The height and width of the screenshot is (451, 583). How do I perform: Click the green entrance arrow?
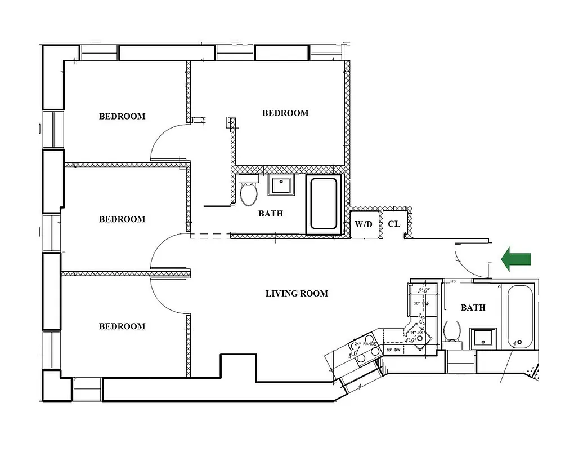tap(516, 259)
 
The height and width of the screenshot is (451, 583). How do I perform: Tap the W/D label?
tap(364, 224)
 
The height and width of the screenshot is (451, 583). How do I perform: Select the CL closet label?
tap(394, 224)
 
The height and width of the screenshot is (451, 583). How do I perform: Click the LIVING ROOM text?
tap(297, 293)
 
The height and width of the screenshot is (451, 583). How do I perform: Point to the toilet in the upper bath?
tap(248, 191)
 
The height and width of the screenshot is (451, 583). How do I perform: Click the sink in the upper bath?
tap(280, 185)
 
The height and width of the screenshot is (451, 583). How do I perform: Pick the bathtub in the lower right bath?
tap(519, 317)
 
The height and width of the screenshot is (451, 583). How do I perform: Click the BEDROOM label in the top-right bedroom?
tap(285, 113)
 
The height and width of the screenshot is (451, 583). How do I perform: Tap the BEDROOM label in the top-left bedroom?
tap(122, 117)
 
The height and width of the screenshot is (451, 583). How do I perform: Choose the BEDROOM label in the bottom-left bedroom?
tap(122, 326)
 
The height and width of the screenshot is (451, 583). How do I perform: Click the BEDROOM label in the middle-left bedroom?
tap(122, 219)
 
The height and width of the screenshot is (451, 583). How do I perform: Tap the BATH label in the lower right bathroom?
tap(473, 308)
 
